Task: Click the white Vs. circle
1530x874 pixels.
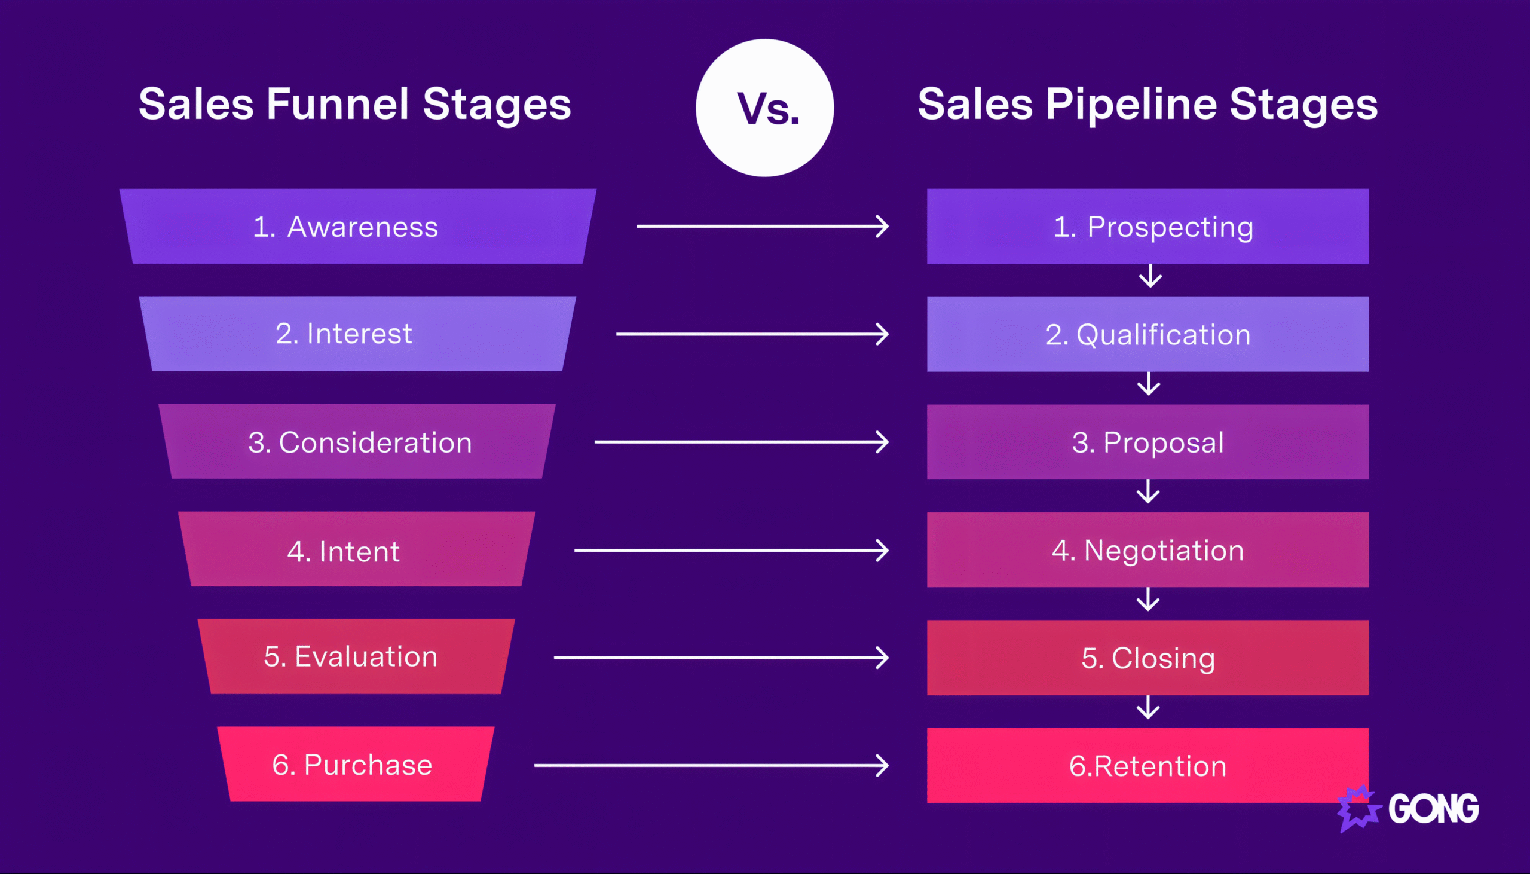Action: coord(764,108)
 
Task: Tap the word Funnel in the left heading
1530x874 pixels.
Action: coord(338,104)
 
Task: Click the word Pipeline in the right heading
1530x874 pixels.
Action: coord(1131,104)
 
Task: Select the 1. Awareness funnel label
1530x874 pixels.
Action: coord(345,227)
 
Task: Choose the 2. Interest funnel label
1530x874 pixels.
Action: coord(344,334)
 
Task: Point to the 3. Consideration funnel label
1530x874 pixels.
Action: coord(360,442)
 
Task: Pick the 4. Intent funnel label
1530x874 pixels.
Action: coord(343,551)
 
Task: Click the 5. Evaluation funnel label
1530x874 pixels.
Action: coord(351,657)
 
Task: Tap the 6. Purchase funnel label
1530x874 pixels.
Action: coord(352,765)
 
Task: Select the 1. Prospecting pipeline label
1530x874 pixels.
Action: coord(1153,227)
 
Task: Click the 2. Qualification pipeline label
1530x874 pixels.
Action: coord(1148,334)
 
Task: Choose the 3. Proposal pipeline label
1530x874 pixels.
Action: coord(1148,442)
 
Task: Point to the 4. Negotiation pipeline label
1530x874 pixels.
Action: coord(1148,551)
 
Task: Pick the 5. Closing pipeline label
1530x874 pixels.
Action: coord(1148,658)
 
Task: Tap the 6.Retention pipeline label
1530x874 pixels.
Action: coord(1148,766)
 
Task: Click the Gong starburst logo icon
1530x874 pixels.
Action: coord(1358,809)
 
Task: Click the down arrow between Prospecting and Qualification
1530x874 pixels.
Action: coord(1150,276)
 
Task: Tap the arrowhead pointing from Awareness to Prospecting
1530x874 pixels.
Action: coord(882,227)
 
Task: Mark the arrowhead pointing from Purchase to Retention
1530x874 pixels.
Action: coord(882,765)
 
